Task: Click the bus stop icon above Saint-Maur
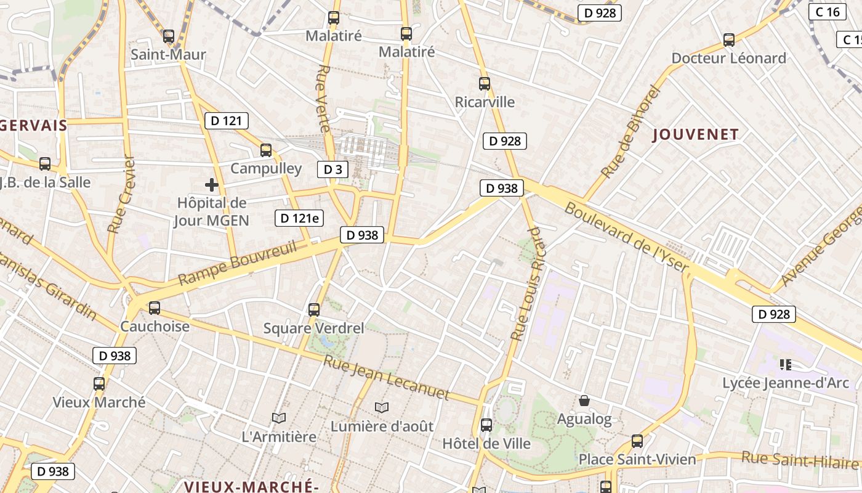pyautogui.click(x=169, y=36)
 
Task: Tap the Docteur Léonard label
pyautogui.click(x=728, y=59)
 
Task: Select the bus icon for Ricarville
pyautogui.click(x=485, y=84)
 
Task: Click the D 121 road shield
pyautogui.click(x=227, y=121)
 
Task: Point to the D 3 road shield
pyautogui.click(x=332, y=169)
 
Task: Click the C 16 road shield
pyautogui.click(x=827, y=12)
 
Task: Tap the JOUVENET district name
pyautogui.click(x=695, y=134)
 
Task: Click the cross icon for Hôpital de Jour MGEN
pyautogui.click(x=212, y=184)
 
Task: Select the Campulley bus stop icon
pyautogui.click(x=266, y=150)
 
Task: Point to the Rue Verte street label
pyautogui.click(x=324, y=99)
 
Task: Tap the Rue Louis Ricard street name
pyautogui.click(x=528, y=283)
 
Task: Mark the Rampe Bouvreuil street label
pyautogui.click(x=238, y=263)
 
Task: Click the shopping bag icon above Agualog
pyautogui.click(x=584, y=401)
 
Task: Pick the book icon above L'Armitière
pyautogui.click(x=279, y=418)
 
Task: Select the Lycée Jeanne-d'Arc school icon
pyautogui.click(x=785, y=365)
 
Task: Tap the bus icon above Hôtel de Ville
pyautogui.click(x=486, y=425)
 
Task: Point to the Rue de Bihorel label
pyautogui.click(x=630, y=132)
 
